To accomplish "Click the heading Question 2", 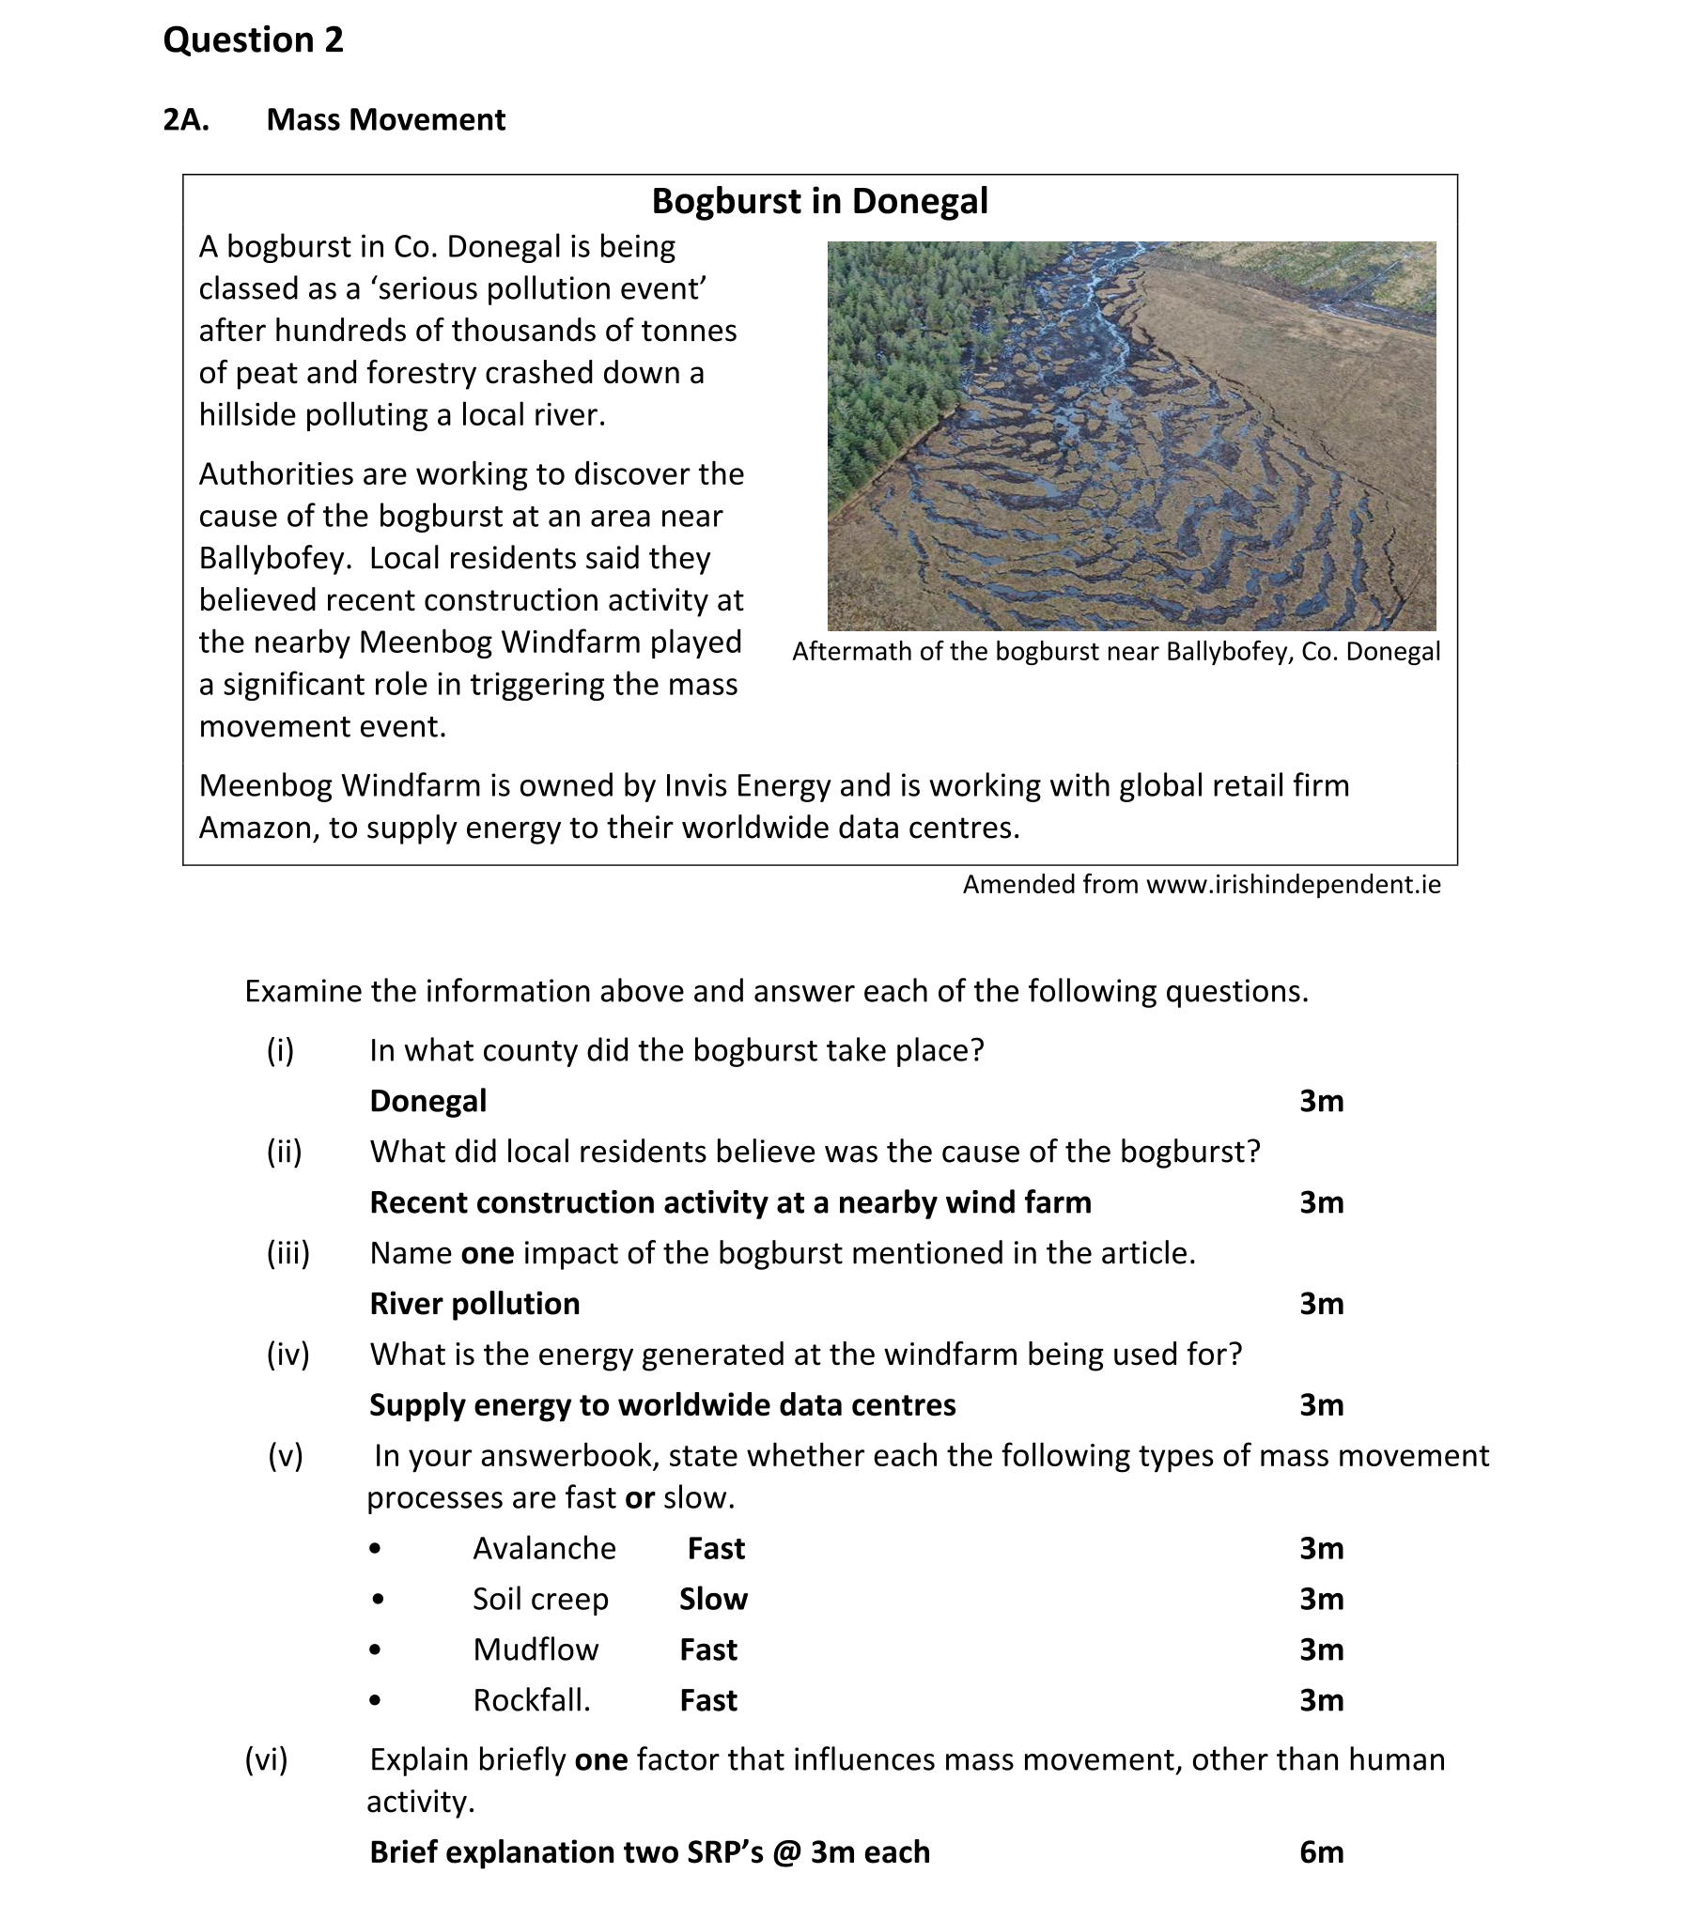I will point(253,40).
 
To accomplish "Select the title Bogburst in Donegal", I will point(819,201).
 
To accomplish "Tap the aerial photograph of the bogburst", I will point(1131,436).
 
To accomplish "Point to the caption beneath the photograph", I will point(1115,652).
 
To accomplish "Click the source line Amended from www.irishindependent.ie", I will point(1201,885).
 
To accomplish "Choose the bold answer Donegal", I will point(428,1101).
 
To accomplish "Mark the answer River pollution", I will point(474,1304).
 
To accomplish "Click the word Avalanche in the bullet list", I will point(544,1548).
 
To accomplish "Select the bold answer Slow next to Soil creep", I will point(713,1599).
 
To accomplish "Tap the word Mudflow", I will point(536,1649).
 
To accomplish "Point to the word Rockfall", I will point(531,1700).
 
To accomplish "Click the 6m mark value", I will point(1321,1852).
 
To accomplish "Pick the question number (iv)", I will point(287,1355).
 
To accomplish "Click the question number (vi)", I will point(266,1759).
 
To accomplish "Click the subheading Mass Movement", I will point(385,120).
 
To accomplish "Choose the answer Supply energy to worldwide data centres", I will point(662,1405).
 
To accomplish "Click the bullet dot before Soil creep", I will point(377,1599).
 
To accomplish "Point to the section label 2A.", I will point(186,120).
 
